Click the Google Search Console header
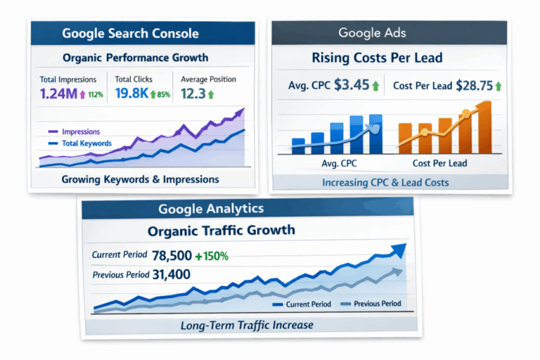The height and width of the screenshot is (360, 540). [130, 33]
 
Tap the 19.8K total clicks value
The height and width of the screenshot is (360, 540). [131, 94]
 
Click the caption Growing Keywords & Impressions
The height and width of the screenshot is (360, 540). [140, 179]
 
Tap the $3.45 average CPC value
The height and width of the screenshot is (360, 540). [352, 86]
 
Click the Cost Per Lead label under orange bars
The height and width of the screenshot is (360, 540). [440, 163]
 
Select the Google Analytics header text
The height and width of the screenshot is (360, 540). [211, 209]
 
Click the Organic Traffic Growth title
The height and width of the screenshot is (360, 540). [221, 231]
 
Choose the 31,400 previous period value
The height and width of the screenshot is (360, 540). [171, 274]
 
